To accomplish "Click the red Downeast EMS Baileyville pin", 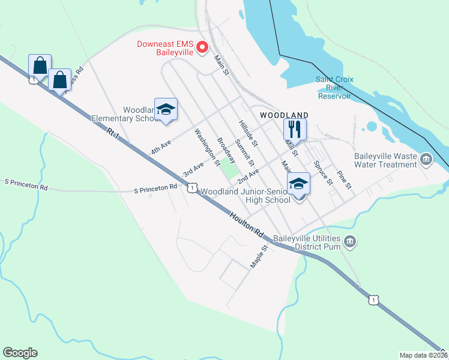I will pyautogui.click(x=202, y=47).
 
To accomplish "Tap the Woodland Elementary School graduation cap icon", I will pyautogui.click(x=166, y=109).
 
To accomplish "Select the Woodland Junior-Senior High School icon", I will pyautogui.click(x=298, y=184).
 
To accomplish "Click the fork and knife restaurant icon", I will pyautogui.click(x=295, y=129).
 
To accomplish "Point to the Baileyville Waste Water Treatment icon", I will pyautogui.click(x=426, y=158).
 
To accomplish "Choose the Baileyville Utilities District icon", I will pyautogui.click(x=351, y=242).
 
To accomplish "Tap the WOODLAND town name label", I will pyautogui.click(x=284, y=115).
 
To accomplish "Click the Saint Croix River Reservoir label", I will pyautogui.click(x=342, y=88).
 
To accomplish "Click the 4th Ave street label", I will pyautogui.click(x=161, y=148).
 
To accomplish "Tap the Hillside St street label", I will pyautogui.click(x=247, y=133).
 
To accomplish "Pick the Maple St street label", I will pyautogui.click(x=259, y=256).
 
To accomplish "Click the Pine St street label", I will pyautogui.click(x=344, y=181).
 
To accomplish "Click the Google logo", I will pyautogui.click(x=20, y=353).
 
